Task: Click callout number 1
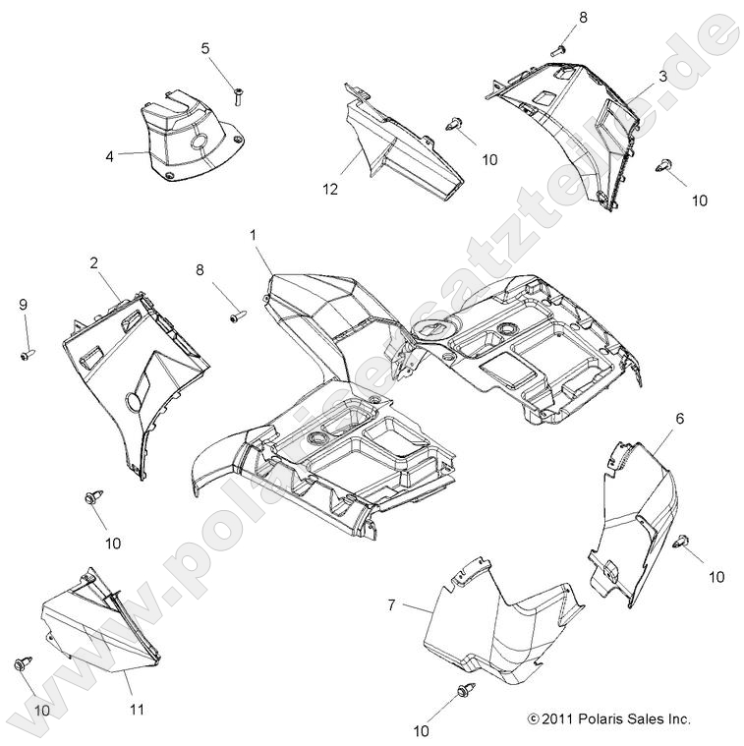pyautogui.click(x=253, y=235)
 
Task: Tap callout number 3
pyautogui.click(x=662, y=77)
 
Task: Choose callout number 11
pyautogui.click(x=137, y=709)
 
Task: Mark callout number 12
pyautogui.click(x=330, y=189)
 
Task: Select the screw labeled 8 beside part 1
pyautogui.click(x=237, y=316)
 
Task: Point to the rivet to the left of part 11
pyautogui.click(x=23, y=664)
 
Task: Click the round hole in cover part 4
pyautogui.click(x=197, y=144)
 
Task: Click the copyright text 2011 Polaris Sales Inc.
pyautogui.click(x=608, y=718)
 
